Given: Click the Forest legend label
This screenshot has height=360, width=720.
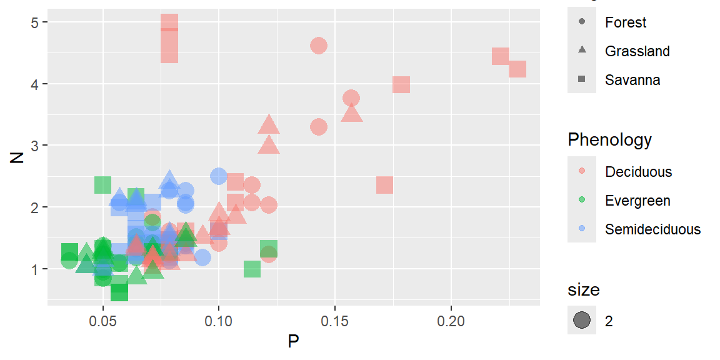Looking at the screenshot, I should (625, 22).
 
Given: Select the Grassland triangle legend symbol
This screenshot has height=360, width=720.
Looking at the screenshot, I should (582, 51).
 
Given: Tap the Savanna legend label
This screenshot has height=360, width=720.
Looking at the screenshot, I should (632, 80).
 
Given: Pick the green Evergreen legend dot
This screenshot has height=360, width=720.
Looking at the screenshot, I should (582, 200).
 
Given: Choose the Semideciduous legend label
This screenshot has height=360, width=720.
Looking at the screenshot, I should (652, 229).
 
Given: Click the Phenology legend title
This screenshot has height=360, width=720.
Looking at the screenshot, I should (609, 139).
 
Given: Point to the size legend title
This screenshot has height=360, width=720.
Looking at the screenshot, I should (584, 290).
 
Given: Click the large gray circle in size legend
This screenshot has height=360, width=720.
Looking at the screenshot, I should (582, 321).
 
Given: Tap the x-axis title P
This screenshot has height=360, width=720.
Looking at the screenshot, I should (293, 342).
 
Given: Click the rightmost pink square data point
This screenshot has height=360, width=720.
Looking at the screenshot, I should (517, 69).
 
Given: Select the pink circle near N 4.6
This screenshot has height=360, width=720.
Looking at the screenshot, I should (319, 46).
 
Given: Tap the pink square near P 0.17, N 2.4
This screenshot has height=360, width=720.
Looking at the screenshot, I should (384, 185).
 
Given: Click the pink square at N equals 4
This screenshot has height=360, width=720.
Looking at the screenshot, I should (401, 84).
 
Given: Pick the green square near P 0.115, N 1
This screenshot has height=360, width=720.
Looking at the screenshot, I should (252, 269).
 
